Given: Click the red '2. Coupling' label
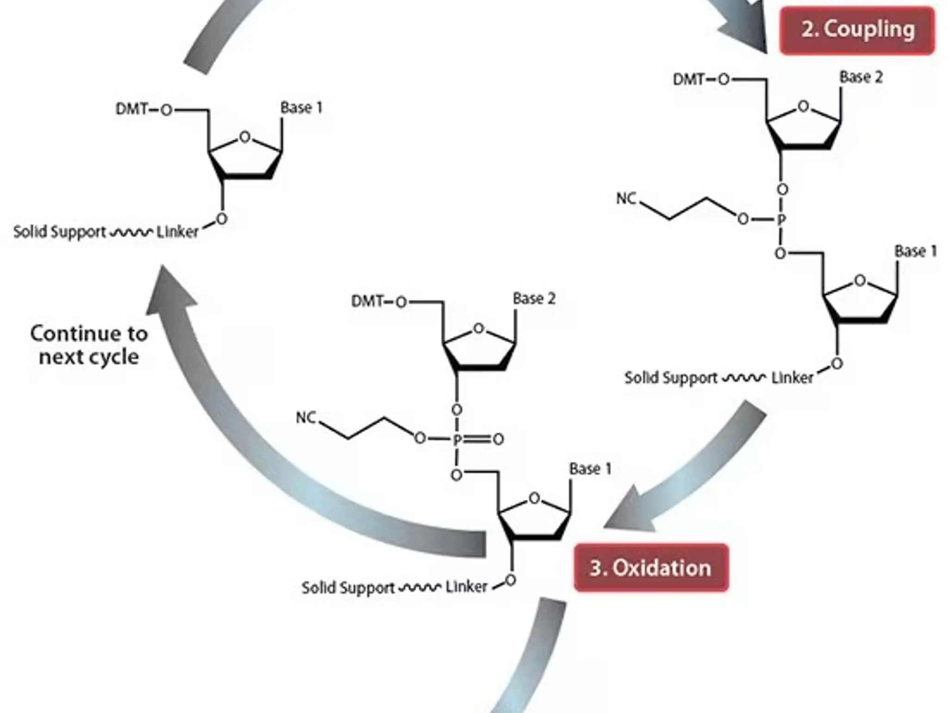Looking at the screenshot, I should (x=857, y=30).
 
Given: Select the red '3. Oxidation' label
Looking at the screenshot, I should (x=650, y=568).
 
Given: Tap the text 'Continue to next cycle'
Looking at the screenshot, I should (x=89, y=345).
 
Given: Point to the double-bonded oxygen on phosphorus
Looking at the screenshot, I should (x=498, y=439).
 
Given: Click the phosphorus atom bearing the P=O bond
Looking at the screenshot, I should (x=457, y=439).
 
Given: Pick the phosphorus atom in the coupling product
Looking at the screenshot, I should (x=781, y=219).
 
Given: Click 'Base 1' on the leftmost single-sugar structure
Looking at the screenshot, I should (x=301, y=108).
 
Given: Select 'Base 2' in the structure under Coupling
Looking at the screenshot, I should (x=861, y=77).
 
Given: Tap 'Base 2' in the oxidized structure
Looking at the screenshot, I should (x=534, y=299).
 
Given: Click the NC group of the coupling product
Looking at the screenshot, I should (x=626, y=198).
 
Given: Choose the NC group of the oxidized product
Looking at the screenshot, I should (x=306, y=418).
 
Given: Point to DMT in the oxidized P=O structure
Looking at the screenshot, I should (x=368, y=302).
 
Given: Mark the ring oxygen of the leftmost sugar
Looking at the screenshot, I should (x=245, y=137).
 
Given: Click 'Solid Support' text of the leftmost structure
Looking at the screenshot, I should (x=59, y=231).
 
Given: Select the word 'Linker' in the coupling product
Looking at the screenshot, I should (x=792, y=378).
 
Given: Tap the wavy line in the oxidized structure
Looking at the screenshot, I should (x=420, y=588).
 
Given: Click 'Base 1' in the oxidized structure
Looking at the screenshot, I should (x=590, y=469).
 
